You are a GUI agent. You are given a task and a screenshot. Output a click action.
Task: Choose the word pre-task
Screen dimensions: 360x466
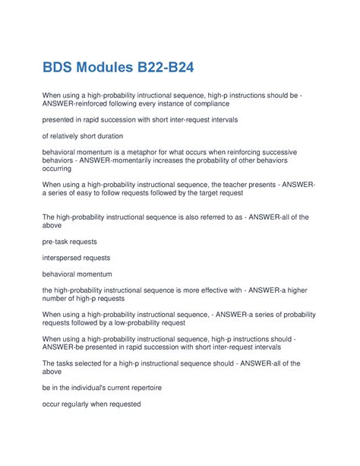point(55,241)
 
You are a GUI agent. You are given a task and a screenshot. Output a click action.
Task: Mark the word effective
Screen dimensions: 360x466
point(225,290)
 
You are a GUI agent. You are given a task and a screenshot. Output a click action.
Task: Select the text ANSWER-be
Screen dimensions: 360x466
point(65,347)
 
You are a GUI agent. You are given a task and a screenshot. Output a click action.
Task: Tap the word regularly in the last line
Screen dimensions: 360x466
point(77,404)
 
